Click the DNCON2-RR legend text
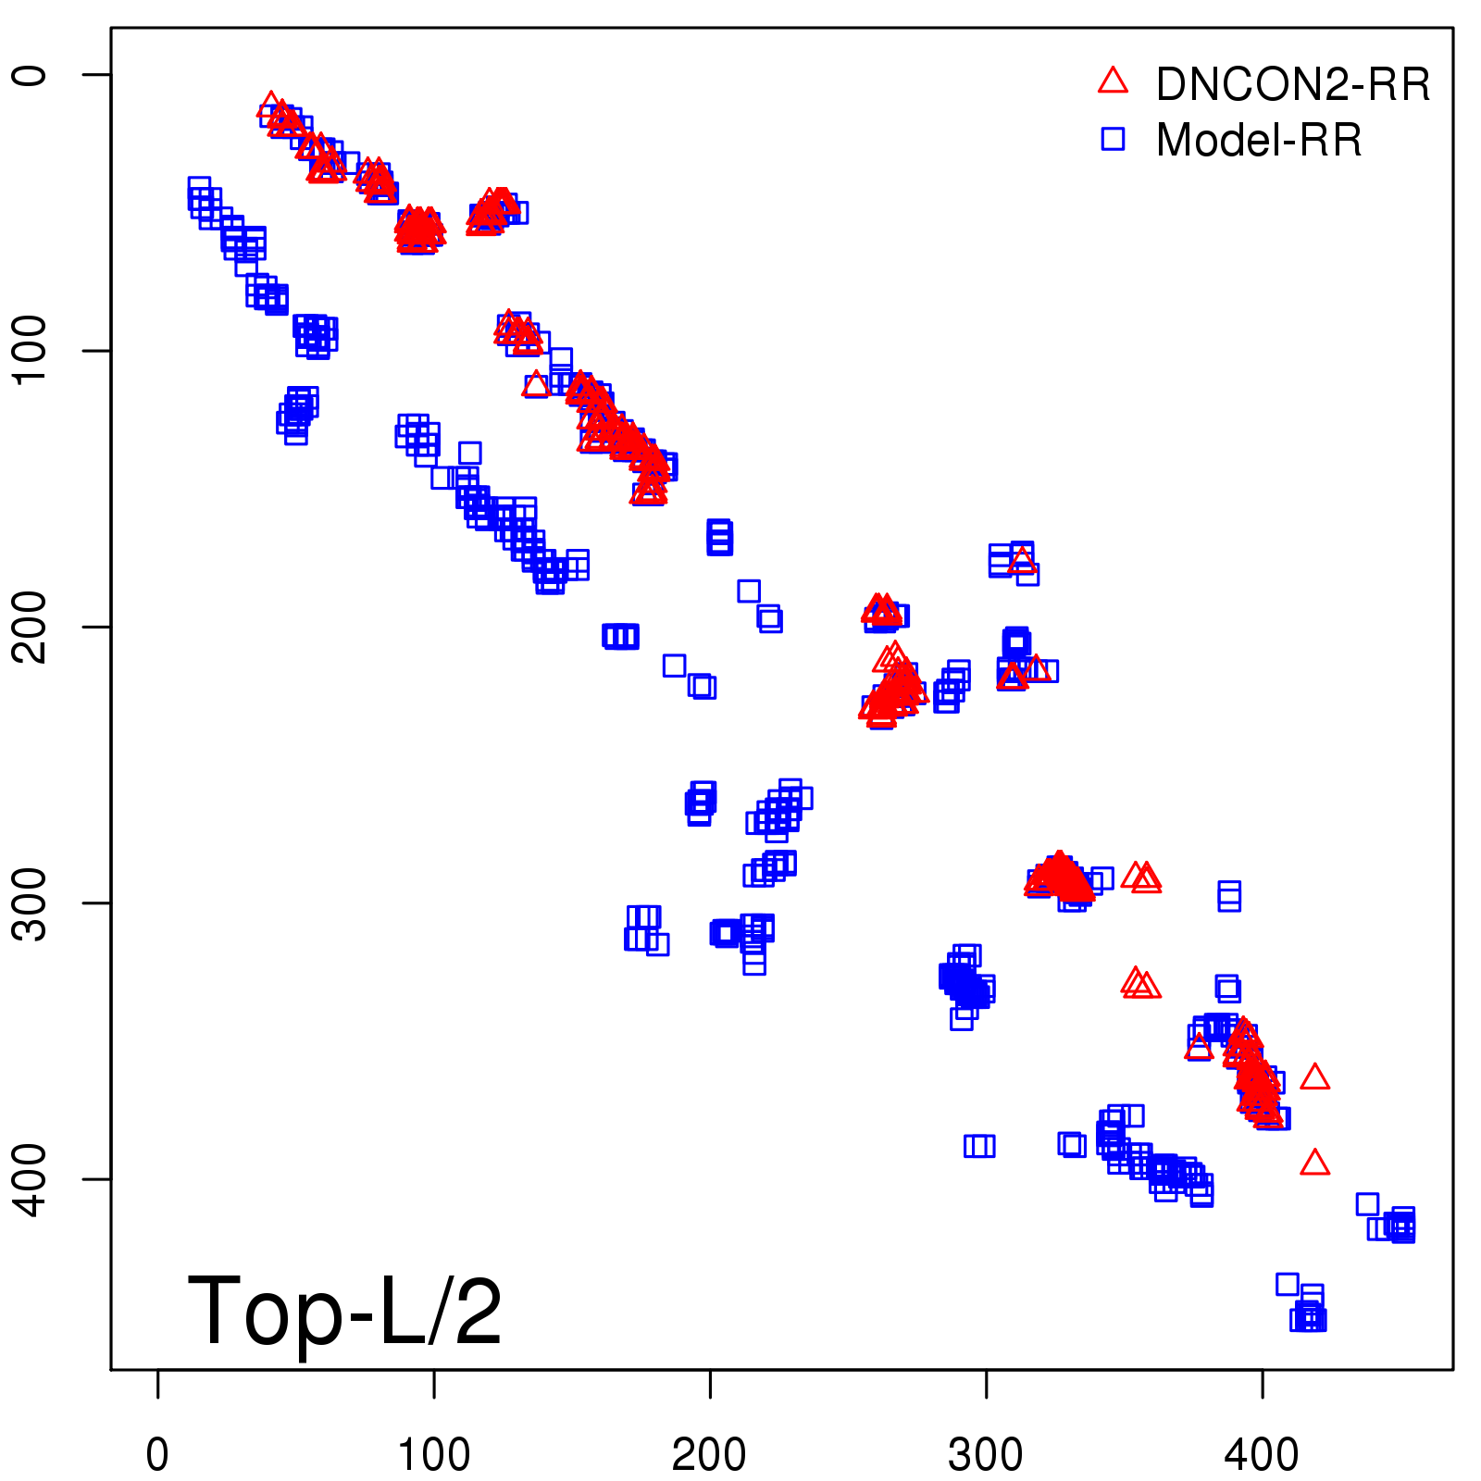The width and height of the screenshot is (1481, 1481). pyautogui.click(x=1292, y=85)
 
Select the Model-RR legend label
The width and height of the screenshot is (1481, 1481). pyautogui.click(x=1259, y=141)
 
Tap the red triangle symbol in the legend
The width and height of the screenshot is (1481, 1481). pyautogui.click(x=1113, y=81)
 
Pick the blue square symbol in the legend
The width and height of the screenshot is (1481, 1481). pyautogui.click(x=1113, y=139)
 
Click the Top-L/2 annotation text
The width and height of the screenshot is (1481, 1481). pyautogui.click(x=344, y=1311)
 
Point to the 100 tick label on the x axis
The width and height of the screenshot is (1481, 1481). pyautogui.click(x=433, y=1455)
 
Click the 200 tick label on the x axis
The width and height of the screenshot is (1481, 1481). pyautogui.click(x=709, y=1455)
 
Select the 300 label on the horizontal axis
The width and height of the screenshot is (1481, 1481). pyautogui.click(x=986, y=1455)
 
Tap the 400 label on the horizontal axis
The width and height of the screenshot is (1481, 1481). pyautogui.click(x=1262, y=1455)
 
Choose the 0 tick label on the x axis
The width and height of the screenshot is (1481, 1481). pyautogui.click(x=157, y=1455)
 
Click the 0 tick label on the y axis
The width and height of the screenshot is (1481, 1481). pyautogui.click(x=31, y=74)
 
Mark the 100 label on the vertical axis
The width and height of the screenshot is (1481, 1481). pyautogui.click(x=31, y=350)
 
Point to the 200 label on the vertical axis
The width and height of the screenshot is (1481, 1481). pyautogui.click(x=31, y=627)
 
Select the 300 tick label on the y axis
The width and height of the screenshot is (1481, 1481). pyautogui.click(x=31, y=902)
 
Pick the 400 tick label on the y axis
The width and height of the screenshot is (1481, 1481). pyautogui.click(x=31, y=1178)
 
